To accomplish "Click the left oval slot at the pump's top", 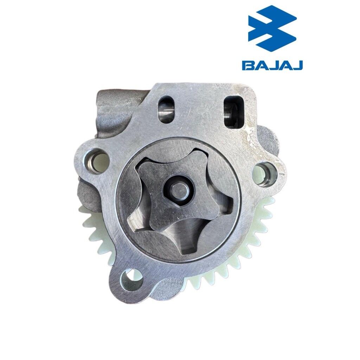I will tap(167, 109).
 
